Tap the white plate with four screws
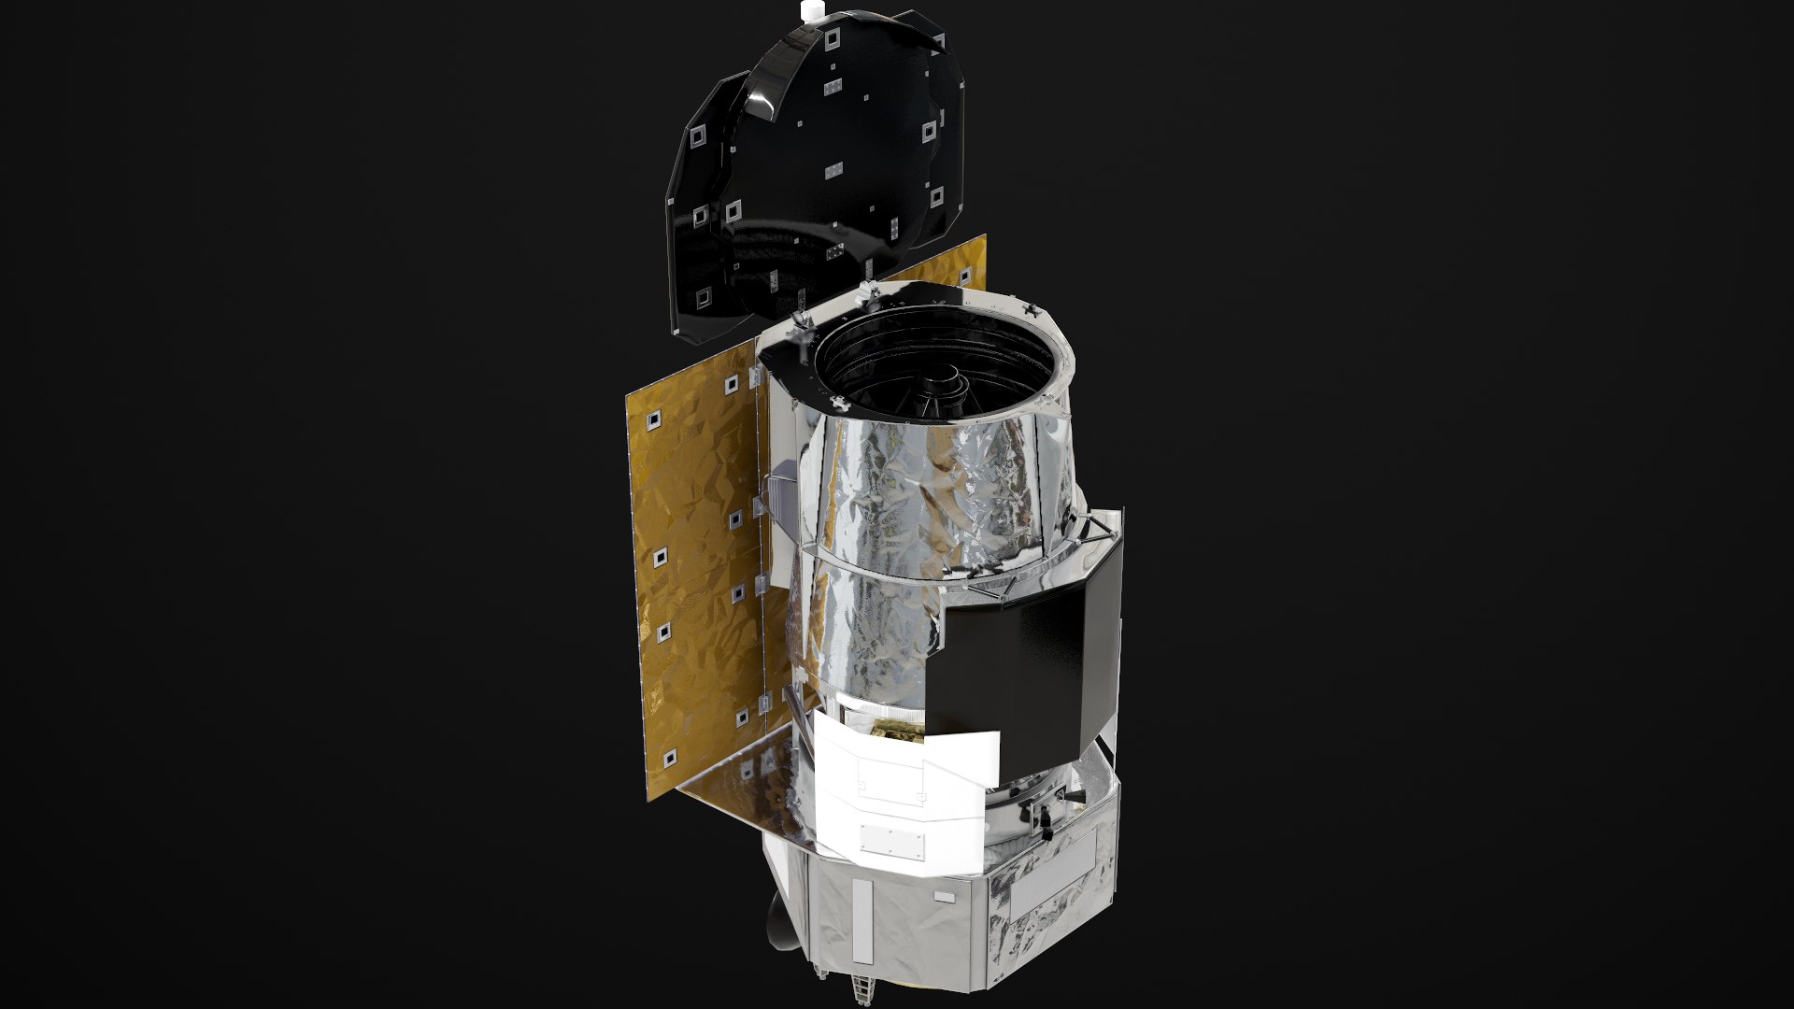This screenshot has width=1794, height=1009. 890,839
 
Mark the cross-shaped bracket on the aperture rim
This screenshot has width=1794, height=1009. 1031,308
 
